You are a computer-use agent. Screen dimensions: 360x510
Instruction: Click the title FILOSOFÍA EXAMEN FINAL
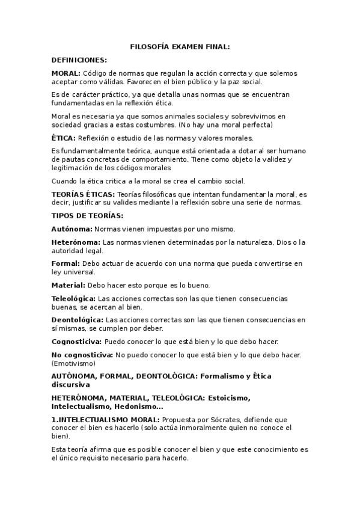click(180, 46)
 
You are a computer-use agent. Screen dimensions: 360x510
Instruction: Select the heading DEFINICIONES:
click(79, 60)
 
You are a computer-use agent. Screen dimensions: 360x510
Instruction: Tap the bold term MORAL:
click(66, 73)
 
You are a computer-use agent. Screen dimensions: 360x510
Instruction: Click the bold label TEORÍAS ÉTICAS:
click(83, 194)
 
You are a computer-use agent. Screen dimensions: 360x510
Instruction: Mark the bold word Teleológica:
click(73, 298)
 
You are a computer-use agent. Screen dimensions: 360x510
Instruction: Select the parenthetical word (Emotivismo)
click(73, 363)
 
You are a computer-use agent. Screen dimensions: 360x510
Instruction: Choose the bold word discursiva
click(70, 384)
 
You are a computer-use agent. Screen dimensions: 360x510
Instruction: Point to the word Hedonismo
click(137, 406)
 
